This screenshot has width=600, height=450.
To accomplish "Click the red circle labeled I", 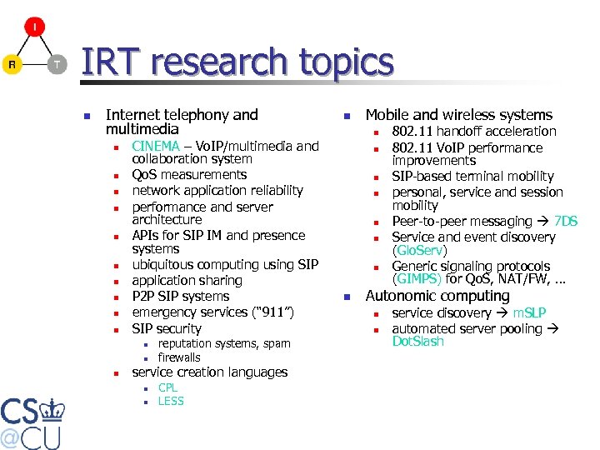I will click(x=34, y=27).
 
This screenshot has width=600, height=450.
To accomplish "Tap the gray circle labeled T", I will click(x=56, y=64).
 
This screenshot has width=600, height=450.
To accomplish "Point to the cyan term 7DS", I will click(x=566, y=222).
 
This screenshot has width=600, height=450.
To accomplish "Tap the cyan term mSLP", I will click(x=529, y=313).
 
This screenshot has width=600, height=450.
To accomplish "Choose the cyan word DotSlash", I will click(x=417, y=342).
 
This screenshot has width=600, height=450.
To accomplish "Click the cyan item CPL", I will click(x=167, y=387).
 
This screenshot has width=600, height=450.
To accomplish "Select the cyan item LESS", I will click(x=171, y=402).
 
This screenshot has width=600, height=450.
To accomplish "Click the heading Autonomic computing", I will click(x=437, y=297).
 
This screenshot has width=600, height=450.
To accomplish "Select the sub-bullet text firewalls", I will click(x=179, y=357).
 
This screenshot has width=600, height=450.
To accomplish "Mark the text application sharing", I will click(x=187, y=281).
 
